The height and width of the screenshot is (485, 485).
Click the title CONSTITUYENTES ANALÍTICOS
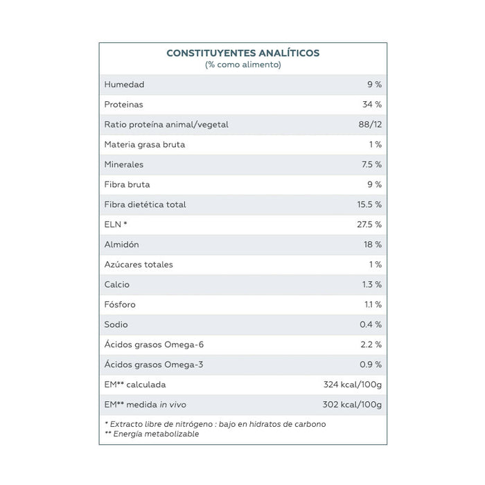(x=242, y=53)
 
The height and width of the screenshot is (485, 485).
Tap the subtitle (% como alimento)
(x=242, y=64)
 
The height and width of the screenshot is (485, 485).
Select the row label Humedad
(x=124, y=85)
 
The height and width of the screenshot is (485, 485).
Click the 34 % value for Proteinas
(x=372, y=105)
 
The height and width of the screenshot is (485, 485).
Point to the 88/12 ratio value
(x=370, y=124)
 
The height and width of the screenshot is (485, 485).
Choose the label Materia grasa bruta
(x=144, y=144)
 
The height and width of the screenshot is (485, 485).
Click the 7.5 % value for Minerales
(x=371, y=165)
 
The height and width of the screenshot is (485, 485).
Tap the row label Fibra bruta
(x=127, y=184)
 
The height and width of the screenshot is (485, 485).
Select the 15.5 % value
(x=369, y=204)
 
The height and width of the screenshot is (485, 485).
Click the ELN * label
(x=116, y=224)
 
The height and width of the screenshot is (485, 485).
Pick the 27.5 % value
(x=369, y=224)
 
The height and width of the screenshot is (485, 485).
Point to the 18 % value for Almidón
(x=373, y=245)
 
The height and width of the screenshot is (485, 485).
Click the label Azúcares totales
(x=139, y=265)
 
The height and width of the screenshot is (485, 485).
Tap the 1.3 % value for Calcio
(x=372, y=285)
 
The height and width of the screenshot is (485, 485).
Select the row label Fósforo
(x=120, y=304)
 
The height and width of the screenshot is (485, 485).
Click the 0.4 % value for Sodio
(x=371, y=324)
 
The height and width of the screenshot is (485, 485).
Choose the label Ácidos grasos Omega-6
(x=154, y=344)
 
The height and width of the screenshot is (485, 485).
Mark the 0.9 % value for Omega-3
(x=371, y=364)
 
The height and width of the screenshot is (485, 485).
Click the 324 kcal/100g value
(x=353, y=385)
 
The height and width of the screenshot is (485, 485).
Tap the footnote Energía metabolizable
(x=156, y=434)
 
